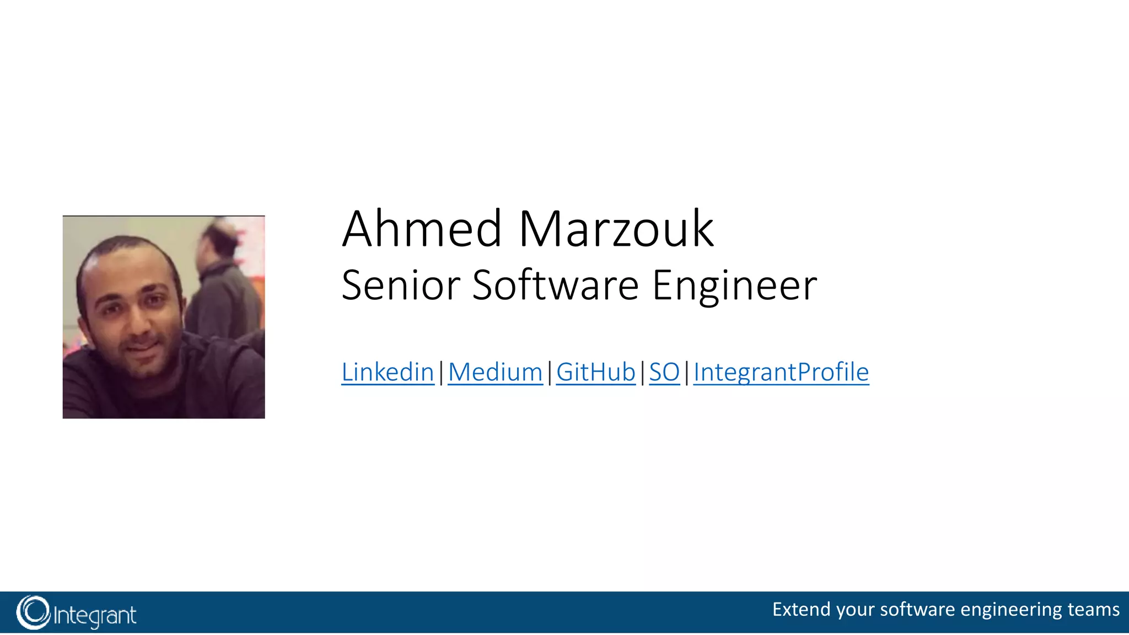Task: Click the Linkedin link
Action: click(388, 372)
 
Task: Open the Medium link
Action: click(495, 372)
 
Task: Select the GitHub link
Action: click(595, 372)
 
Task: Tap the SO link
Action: click(664, 372)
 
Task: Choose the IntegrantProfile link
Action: click(781, 372)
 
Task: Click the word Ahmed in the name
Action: click(422, 229)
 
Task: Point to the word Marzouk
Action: click(616, 229)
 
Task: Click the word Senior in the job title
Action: click(401, 286)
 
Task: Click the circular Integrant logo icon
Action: click(33, 612)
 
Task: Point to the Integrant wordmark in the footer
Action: click(95, 615)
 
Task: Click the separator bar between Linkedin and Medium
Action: click(441, 373)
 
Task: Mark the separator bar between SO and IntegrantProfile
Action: click(686, 373)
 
